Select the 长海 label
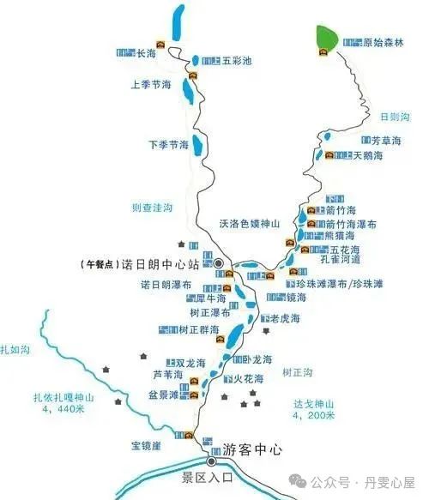(x=146, y=54)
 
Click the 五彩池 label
(x=237, y=61)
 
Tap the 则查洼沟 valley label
(x=152, y=208)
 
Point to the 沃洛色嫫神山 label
(x=250, y=224)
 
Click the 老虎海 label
(x=287, y=319)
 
